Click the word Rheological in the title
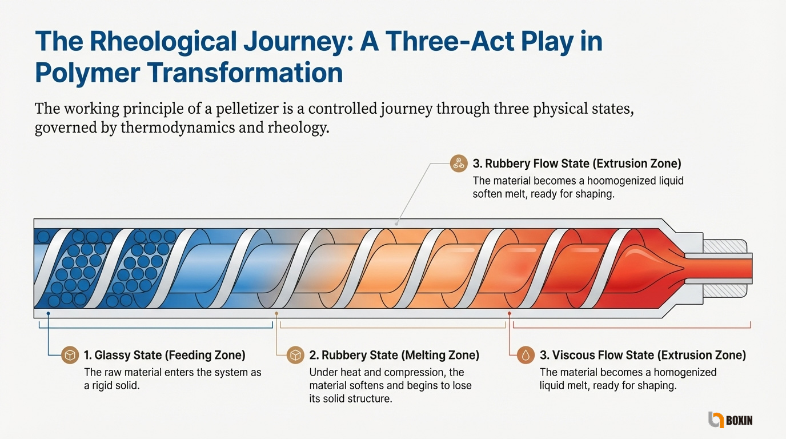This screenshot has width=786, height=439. tap(163, 41)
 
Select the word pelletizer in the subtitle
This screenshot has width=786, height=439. tap(247, 109)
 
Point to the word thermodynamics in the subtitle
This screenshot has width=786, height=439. tap(178, 127)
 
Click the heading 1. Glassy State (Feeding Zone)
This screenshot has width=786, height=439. tap(165, 355)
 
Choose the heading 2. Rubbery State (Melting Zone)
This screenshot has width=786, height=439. tap(394, 355)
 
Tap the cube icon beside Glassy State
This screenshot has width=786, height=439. tap(70, 355)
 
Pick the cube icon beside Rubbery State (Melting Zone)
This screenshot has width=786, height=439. tap(295, 355)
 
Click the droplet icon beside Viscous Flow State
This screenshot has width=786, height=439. tap(526, 355)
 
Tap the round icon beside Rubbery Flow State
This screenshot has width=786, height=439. tap(459, 163)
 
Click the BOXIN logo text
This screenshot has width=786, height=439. tap(739, 420)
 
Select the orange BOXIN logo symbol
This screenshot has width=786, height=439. tap(716, 420)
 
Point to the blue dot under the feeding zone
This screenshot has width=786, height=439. tap(48, 313)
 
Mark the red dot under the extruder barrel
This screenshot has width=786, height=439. tap(510, 313)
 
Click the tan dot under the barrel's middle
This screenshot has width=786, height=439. tap(276, 313)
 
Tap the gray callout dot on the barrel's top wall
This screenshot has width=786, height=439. tap(396, 224)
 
